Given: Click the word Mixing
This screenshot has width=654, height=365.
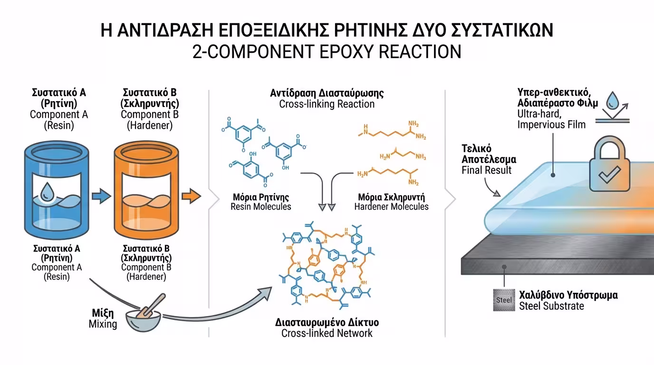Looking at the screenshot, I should (x=103, y=325).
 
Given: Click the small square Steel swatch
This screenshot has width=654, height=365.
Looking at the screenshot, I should (x=504, y=300).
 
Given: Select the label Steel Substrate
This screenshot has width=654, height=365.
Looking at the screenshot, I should (x=551, y=306).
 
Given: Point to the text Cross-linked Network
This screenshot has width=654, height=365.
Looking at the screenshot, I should (x=327, y=333).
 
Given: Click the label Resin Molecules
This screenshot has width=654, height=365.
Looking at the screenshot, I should (x=261, y=207).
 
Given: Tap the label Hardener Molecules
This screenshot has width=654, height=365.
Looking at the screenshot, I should (x=392, y=207).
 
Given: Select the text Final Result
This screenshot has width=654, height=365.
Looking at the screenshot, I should (x=487, y=170).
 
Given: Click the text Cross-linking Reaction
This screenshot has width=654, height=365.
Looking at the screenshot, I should (x=327, y=104).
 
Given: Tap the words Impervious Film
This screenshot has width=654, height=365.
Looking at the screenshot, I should (x=552, y=125).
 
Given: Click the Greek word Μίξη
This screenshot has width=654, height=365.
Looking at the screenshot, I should (x=103, y=314).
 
